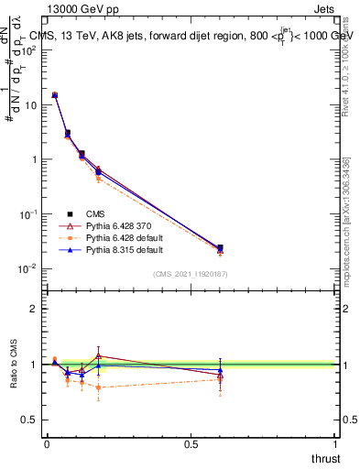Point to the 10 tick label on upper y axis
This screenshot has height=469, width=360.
(30, 104)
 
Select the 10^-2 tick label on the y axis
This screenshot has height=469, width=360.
(28, 268)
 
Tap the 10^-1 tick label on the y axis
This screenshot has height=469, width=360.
(28, 213)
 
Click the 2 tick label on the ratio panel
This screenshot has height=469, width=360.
(35, 309)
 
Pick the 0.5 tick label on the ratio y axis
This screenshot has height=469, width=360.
(30, 420)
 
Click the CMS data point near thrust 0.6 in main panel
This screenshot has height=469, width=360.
(220, 247)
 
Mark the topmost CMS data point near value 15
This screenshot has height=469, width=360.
(55, 95)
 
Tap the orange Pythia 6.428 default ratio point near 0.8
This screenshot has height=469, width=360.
(98, 387)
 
